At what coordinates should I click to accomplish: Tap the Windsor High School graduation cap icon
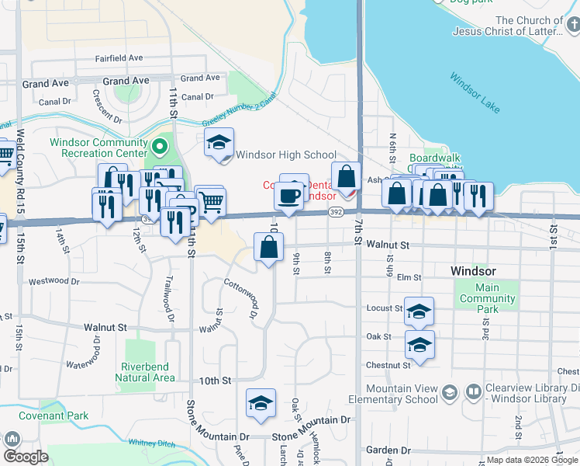(219, 144)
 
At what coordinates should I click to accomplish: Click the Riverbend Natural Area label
(145, 372)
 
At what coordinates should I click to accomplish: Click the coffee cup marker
(289, 196)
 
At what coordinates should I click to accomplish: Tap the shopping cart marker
(212, 202)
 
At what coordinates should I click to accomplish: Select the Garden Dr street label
(388, 450)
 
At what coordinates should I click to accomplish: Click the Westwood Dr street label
(54, 281)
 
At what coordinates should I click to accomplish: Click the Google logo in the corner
(26, 456)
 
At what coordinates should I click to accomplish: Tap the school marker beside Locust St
(419, 312)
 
